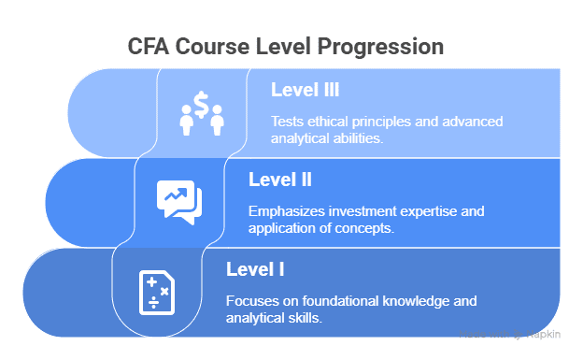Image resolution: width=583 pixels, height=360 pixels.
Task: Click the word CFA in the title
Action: click(149, 46)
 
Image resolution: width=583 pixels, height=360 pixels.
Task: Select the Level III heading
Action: click(305, 91)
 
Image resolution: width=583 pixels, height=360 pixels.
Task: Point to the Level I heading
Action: click(255, 270)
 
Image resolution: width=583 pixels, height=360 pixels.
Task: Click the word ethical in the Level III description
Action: click(332, 122)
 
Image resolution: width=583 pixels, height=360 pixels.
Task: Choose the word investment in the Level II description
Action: click(364, 211)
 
